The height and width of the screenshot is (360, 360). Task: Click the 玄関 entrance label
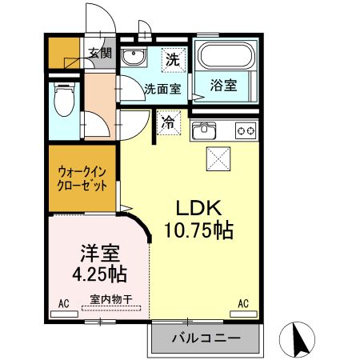tap(100, 54)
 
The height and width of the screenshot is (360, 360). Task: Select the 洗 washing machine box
tap(171, 58)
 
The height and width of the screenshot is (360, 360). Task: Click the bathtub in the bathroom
tap(224, 57)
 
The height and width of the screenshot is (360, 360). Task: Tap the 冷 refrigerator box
tap(168, 123)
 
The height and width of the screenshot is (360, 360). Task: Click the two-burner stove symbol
tap(245, 130)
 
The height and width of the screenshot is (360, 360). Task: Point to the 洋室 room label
tap(100, 255)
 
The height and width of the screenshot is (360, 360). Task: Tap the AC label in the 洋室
tap(62, 304)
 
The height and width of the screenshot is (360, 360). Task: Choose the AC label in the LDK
tap(243, 304)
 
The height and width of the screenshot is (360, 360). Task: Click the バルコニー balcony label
tap(206, 339)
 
